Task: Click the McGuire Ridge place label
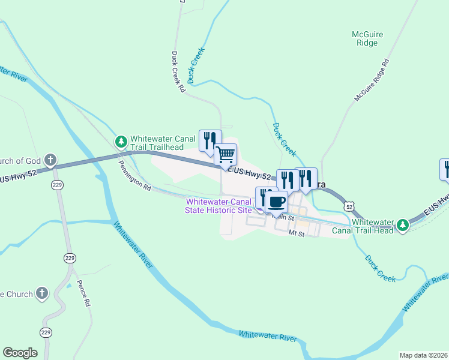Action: click(367, 39)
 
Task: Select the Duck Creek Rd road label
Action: click(178, 71)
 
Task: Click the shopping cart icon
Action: click(226, 154)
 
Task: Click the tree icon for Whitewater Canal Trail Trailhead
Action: click(121, 142)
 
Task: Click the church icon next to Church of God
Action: click(52, 160)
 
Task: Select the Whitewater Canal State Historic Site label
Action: click(219, 206)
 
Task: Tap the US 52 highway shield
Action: click(349, 206)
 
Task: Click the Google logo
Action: click(20, 352)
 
